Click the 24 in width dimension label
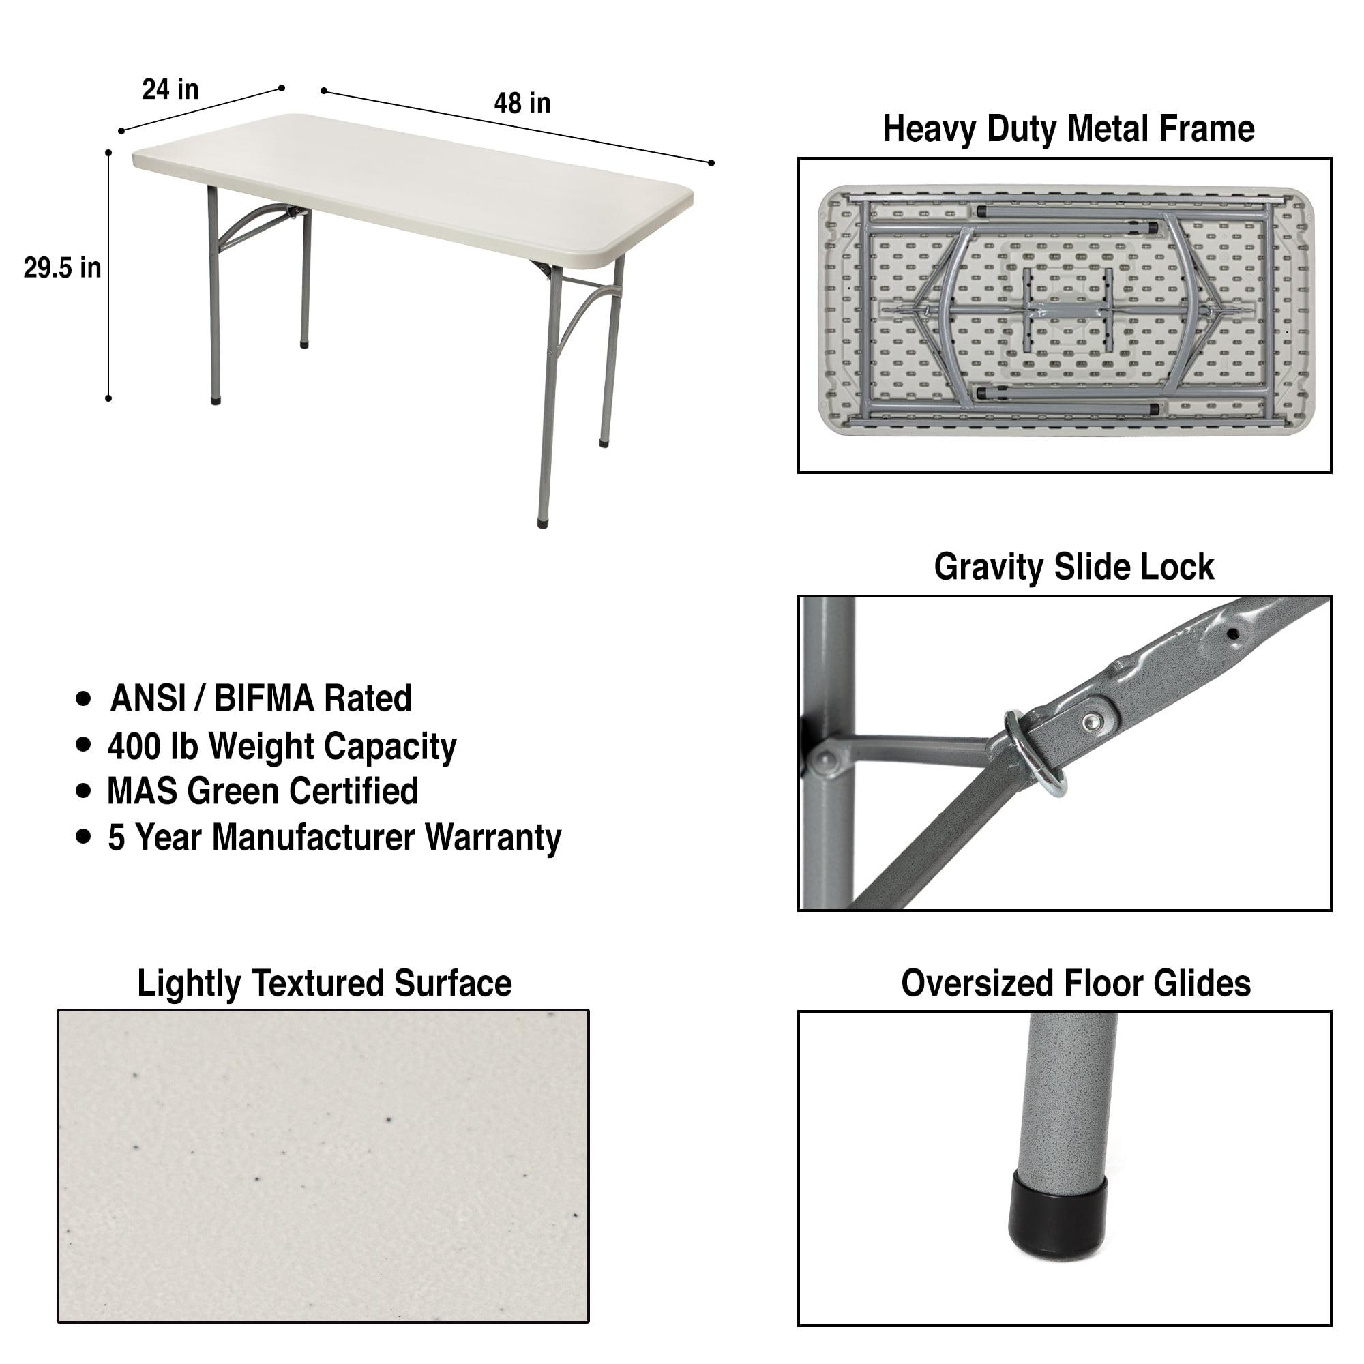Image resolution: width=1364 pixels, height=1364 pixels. click(x=170, y=89)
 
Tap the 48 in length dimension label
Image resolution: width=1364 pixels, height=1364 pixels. click(x=522, y=104)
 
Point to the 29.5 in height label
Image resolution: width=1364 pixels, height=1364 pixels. click(x=62, y=268)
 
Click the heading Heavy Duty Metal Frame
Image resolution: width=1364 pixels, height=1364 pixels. click(x=1068, y=129)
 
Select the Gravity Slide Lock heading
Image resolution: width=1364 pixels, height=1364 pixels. click(x=1074, y=567)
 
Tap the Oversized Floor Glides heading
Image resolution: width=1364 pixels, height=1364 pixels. click(x=1076, y=983)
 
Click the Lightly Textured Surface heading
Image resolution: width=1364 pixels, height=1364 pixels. click(x=324, y=983)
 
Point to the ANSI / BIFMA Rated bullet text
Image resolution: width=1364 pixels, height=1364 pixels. click(x=261, y=698)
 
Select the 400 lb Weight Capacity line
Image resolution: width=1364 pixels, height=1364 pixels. click(x=282, y=747)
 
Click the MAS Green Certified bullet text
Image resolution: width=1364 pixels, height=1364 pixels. click(x=263, y=791)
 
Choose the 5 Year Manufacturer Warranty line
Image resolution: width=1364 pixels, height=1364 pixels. click(x=334, y=838)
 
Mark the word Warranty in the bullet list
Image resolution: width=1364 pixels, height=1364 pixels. click(x=493, y=838)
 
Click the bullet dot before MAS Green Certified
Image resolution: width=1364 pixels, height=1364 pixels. click(x=83, y=790)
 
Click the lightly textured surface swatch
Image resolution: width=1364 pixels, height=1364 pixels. click(x=323, y=1166)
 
